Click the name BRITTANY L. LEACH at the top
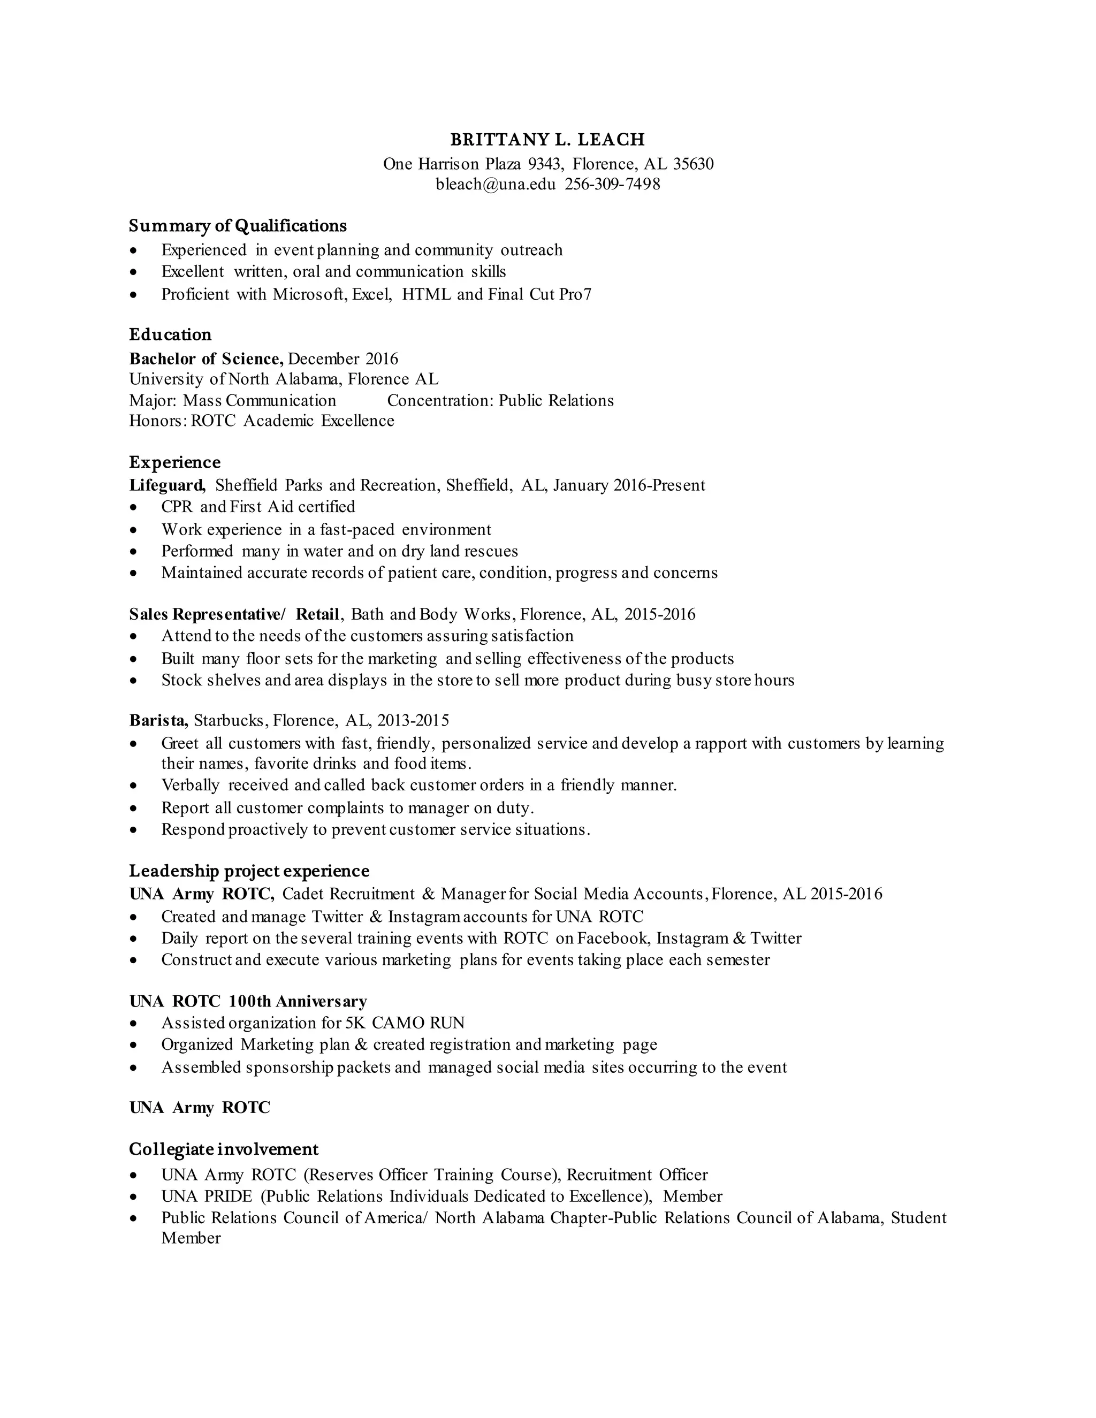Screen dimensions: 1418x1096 [547, 140]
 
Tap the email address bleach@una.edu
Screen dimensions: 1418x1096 [496, 185]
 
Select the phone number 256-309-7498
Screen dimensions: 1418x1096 [612, 185]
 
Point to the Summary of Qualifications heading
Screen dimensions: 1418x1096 [238, 226]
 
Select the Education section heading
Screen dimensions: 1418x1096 [170, 335]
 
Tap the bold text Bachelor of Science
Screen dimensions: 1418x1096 [206, 359]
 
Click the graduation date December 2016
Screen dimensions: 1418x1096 [343, 359]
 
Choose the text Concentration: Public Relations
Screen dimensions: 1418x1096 [500, 401]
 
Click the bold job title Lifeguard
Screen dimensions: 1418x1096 [168, 486]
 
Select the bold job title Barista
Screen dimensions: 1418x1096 [158, 721]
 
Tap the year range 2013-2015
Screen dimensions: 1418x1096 [413, 721]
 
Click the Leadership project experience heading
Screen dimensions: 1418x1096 [249, 871]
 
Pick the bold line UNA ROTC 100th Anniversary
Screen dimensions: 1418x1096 [248, 1002]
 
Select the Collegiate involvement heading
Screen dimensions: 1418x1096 [223, 1150]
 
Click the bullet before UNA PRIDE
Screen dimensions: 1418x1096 [133, 1196]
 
